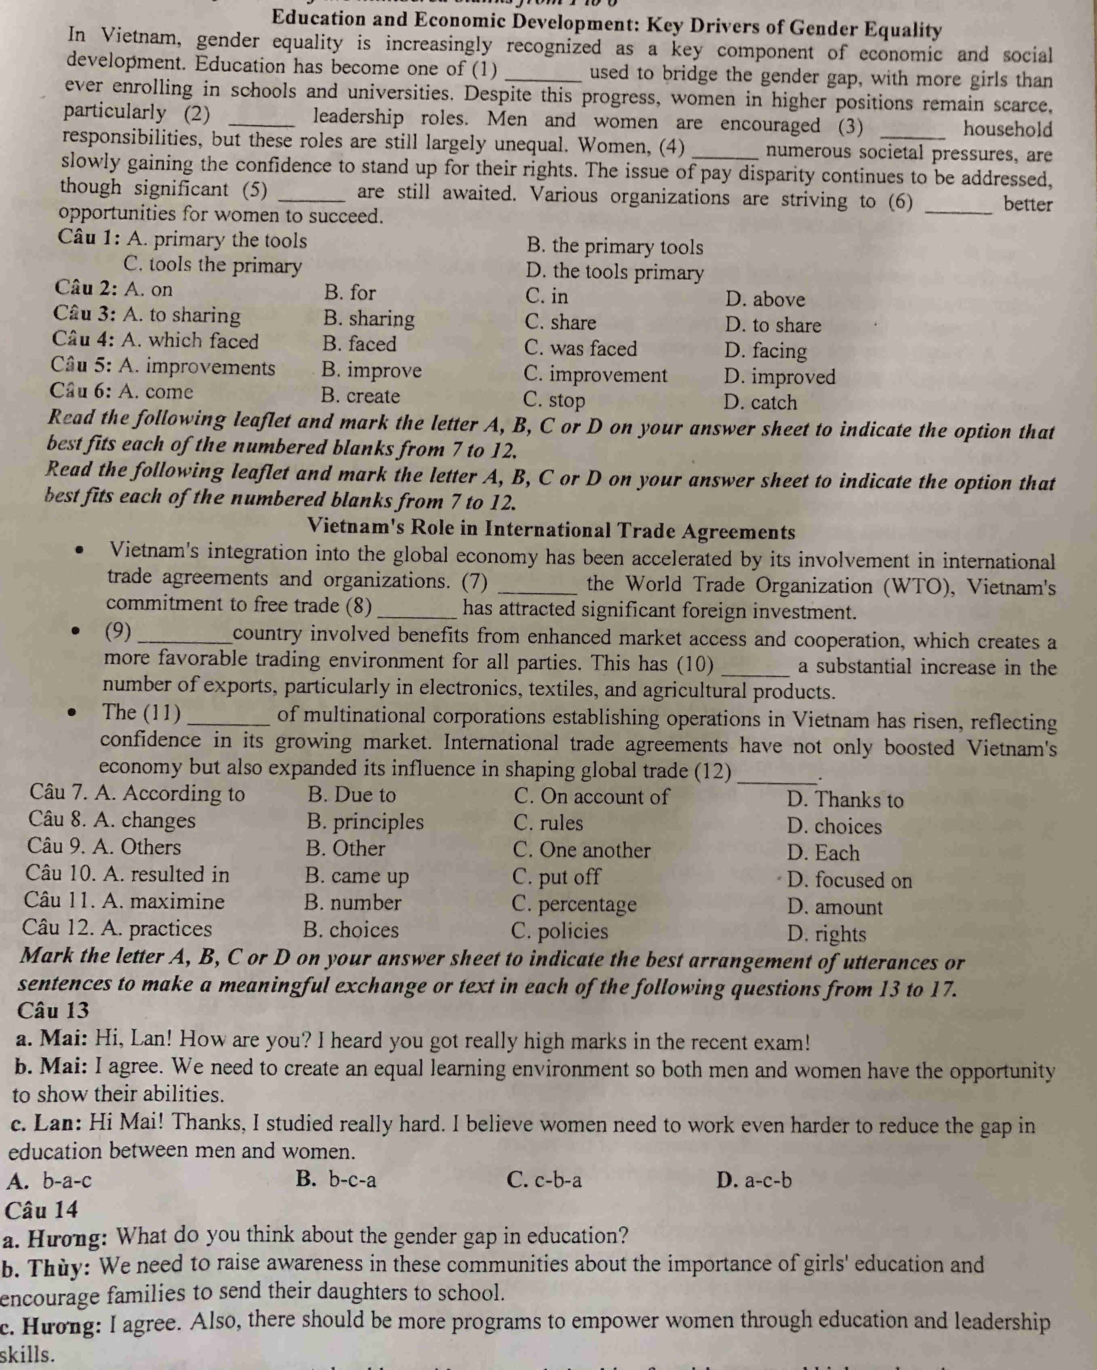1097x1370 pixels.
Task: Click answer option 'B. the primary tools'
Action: [615, 247]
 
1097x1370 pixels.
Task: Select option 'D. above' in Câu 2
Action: [765, 299]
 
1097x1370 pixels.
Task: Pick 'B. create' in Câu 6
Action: [361, 396]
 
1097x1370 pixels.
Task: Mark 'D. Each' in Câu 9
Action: [823, 853]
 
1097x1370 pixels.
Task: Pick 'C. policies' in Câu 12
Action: [560, 931]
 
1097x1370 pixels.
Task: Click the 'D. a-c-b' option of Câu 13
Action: [754, 1180]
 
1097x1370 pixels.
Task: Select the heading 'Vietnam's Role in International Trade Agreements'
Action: [551, 529]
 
